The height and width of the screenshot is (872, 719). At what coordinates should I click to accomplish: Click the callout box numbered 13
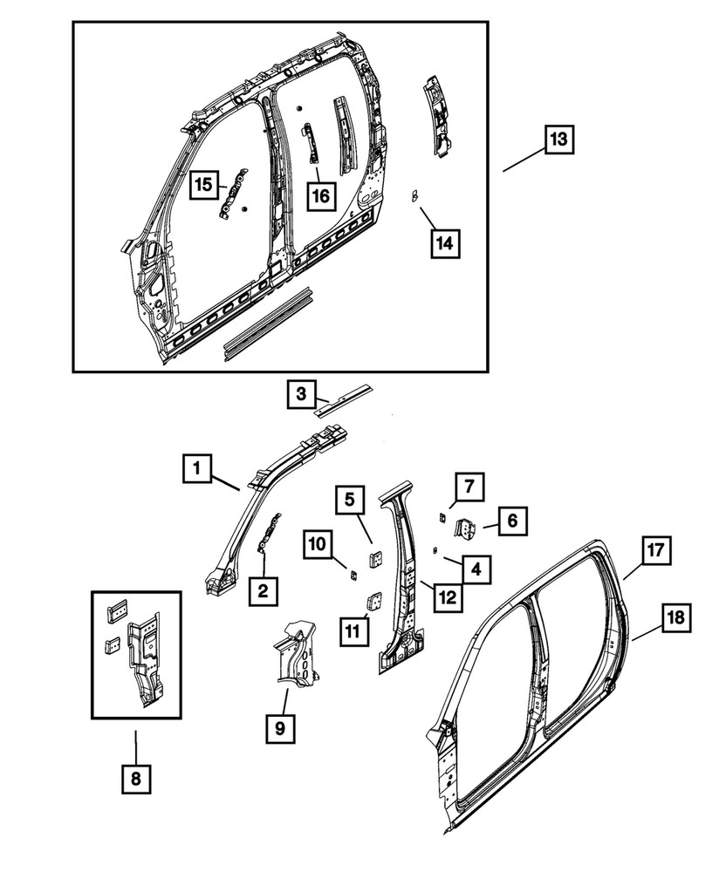point(559,140)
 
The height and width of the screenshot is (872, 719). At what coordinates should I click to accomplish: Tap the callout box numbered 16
point(320,194)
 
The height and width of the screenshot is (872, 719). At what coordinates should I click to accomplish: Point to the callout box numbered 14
point(445,244)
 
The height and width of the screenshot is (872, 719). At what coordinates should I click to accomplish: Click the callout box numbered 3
point(300,396)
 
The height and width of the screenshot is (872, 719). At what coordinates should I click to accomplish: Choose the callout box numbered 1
point(197,469)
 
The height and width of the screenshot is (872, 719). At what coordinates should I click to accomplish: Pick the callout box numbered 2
point(263,592)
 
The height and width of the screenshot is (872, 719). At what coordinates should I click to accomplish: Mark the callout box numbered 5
point(349,501)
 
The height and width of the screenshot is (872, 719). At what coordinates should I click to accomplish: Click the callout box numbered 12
point(447,597)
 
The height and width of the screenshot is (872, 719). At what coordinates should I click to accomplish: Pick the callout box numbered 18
point(678,618)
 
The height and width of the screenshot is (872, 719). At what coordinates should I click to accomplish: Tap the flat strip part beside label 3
point(344,400)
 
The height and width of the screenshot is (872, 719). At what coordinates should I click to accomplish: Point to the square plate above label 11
point(373,601)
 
